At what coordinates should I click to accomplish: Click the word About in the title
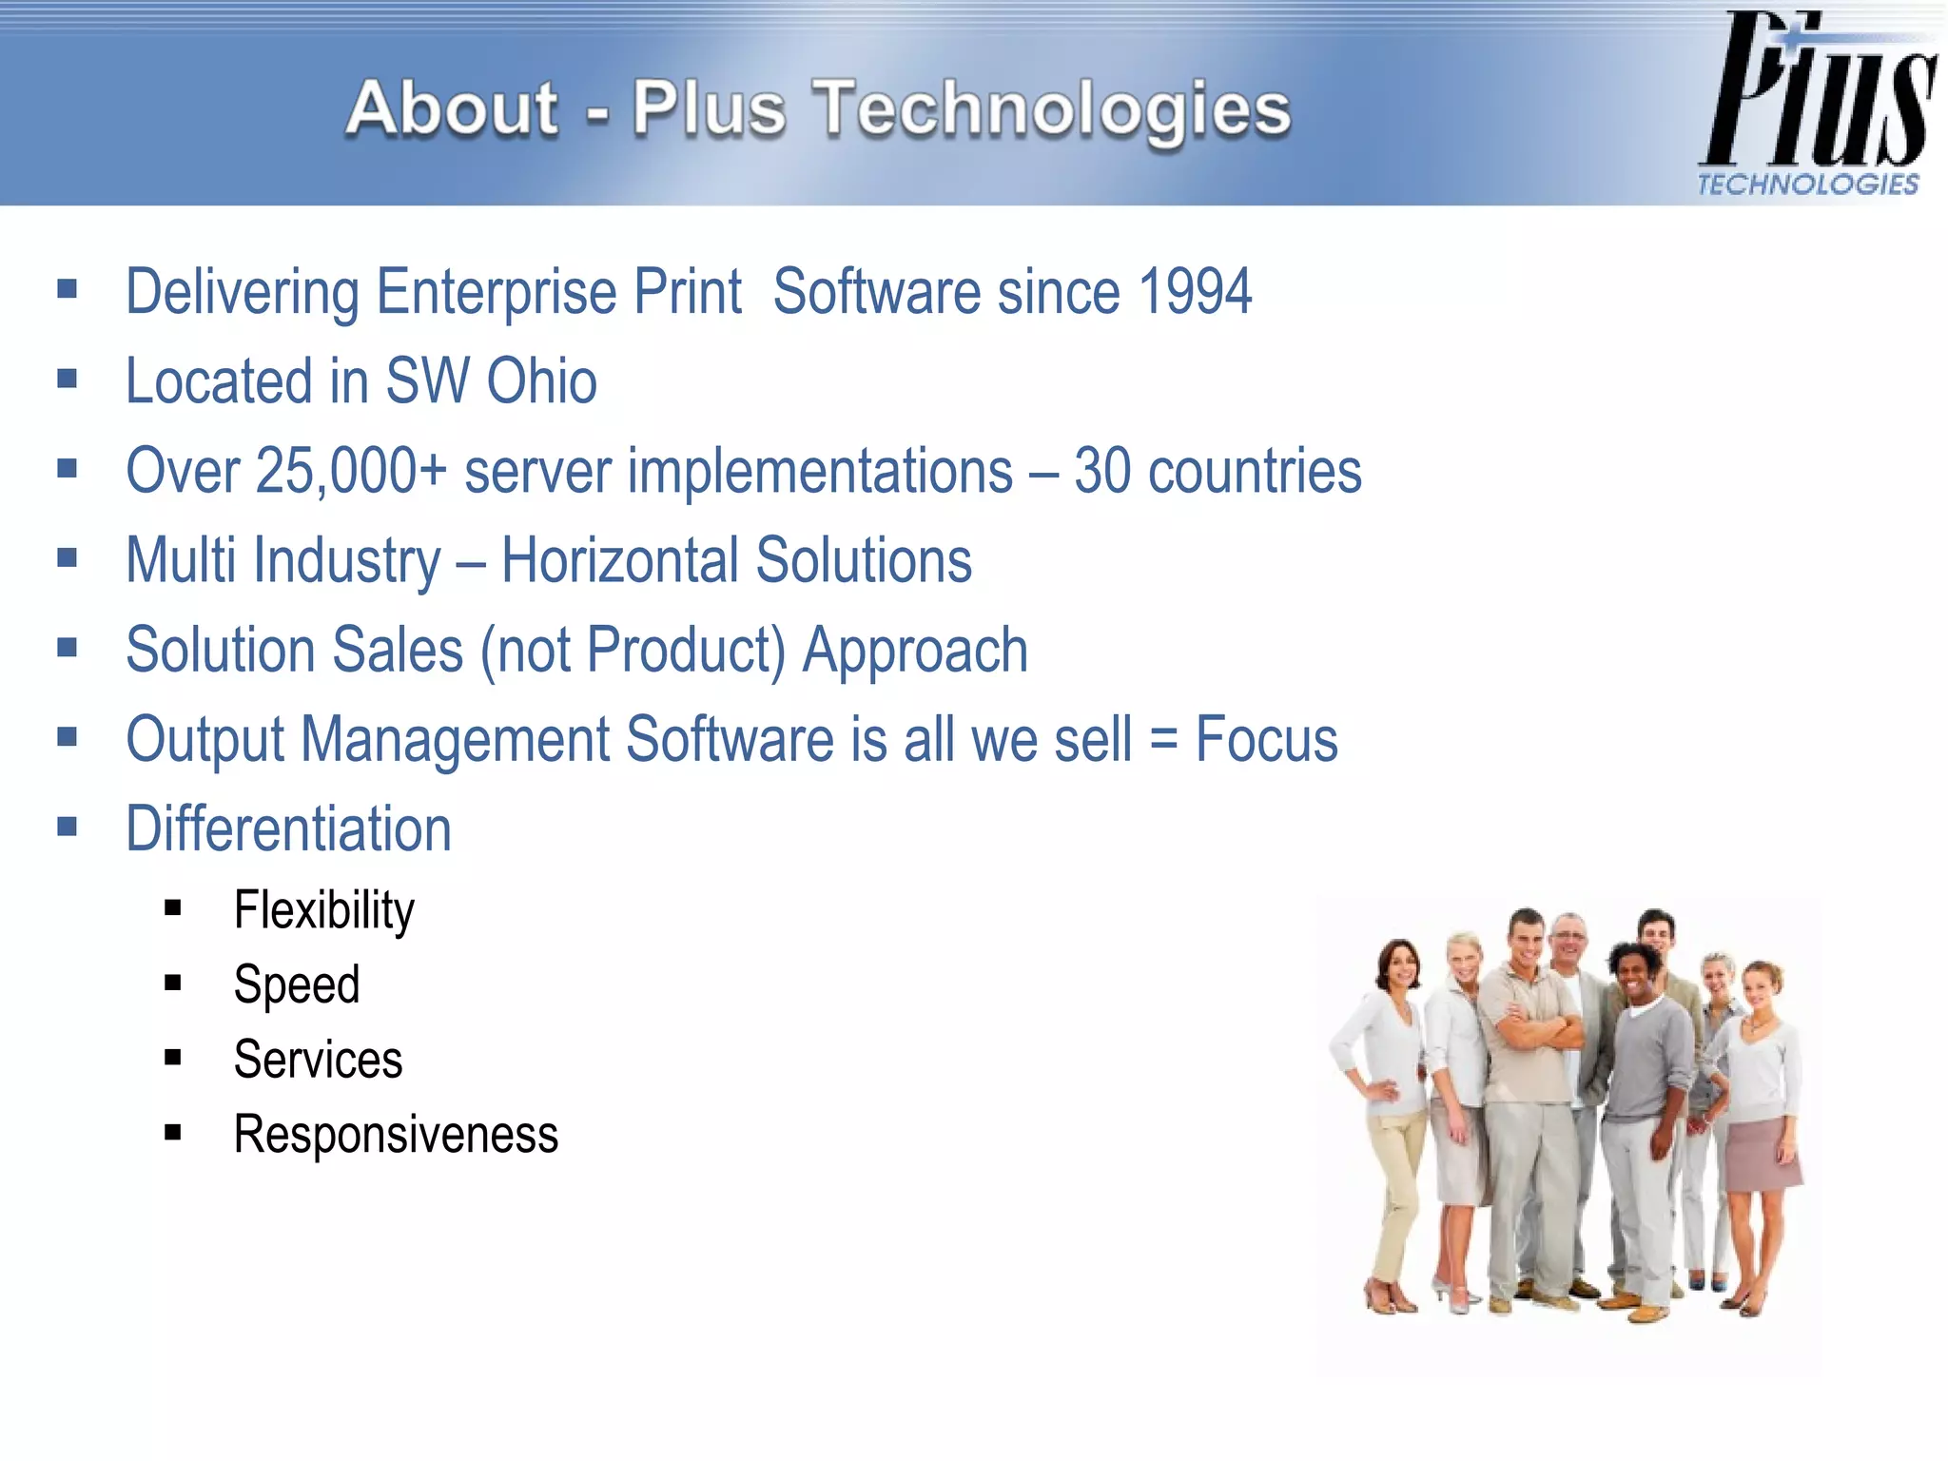452,108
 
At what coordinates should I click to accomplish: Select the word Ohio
541,381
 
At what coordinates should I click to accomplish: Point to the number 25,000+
351,471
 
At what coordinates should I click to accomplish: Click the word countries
1255,471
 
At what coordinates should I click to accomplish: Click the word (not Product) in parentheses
633,651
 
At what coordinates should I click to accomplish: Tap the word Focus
1266,739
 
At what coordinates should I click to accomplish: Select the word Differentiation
288,828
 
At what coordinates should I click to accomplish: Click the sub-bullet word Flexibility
324,910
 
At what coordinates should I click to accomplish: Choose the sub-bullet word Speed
297,984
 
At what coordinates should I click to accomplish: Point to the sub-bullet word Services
318,1060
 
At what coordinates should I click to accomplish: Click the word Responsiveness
396,1135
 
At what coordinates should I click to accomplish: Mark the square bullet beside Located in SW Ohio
67,380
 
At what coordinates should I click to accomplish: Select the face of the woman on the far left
1399,966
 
